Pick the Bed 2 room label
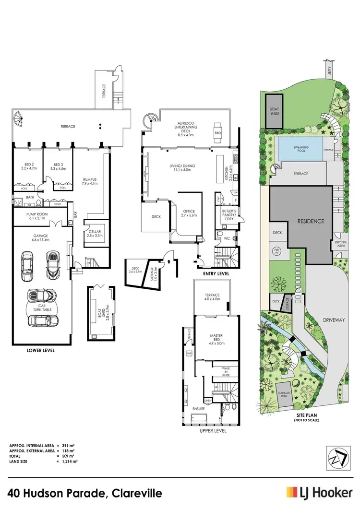tap(27, 166)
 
